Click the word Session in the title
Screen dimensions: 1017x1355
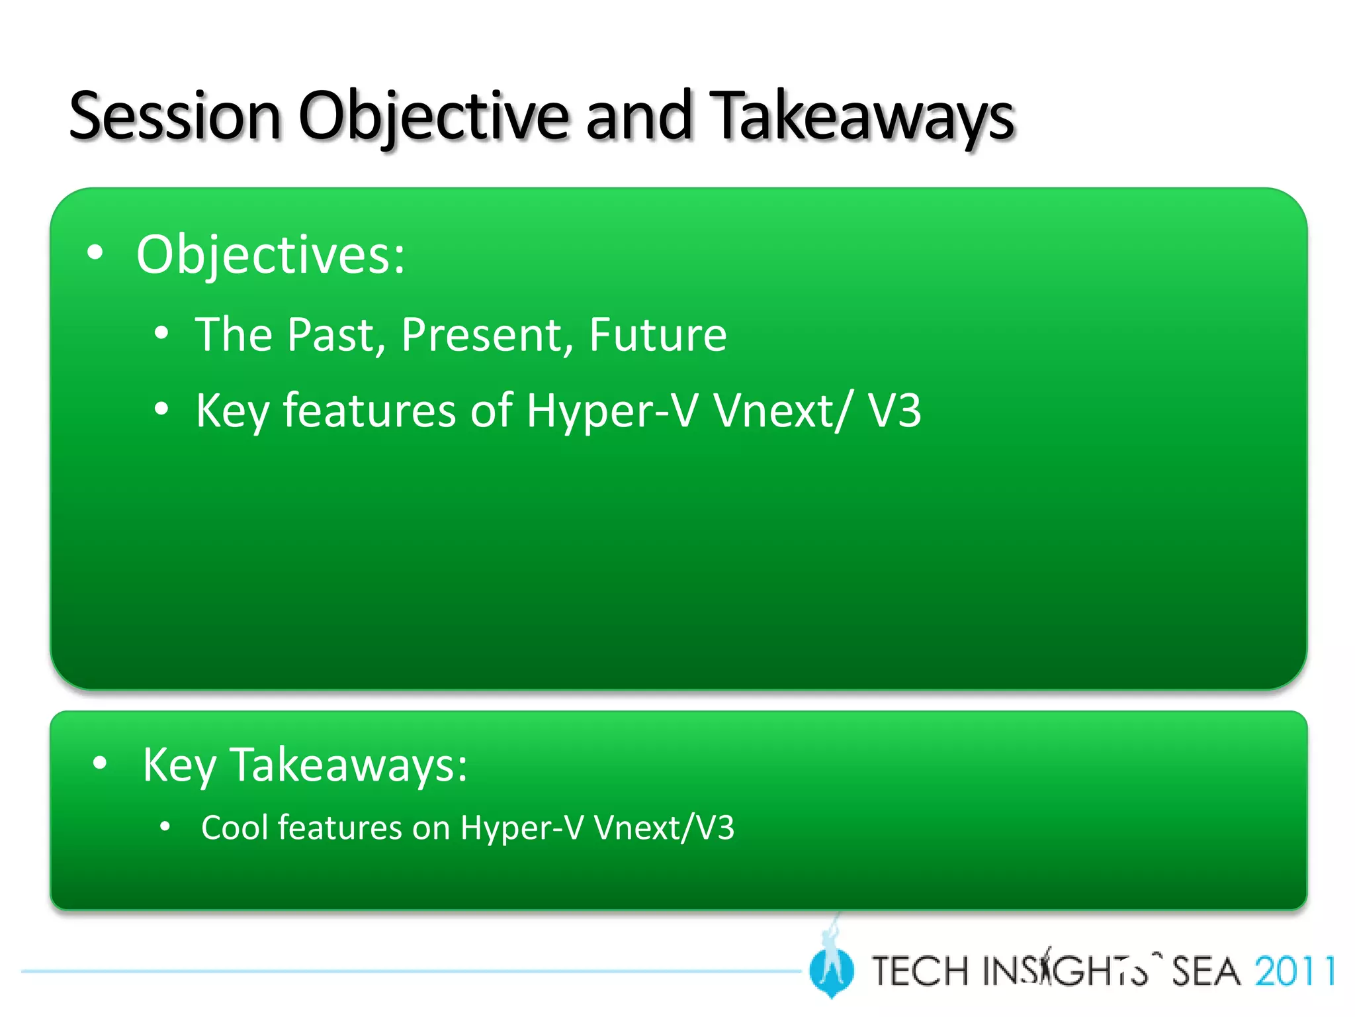click(175, 118)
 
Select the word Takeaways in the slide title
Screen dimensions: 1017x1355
click(861, 118)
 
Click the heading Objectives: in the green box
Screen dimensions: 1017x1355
click(270, 256)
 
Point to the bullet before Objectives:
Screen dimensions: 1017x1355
click(95, 253)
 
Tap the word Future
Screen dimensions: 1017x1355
click(658, 335)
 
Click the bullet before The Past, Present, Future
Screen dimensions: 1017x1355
click(161, 333)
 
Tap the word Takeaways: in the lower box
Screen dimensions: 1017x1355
click(348, 766)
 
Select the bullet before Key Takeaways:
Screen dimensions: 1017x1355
click(100, 763)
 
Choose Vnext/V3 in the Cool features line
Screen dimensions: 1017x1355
click(664, 828)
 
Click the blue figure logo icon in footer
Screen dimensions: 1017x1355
click(831, 968)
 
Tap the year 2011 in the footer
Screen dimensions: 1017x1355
click(1294, 971)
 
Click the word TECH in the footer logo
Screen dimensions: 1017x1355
click(920, 971)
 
